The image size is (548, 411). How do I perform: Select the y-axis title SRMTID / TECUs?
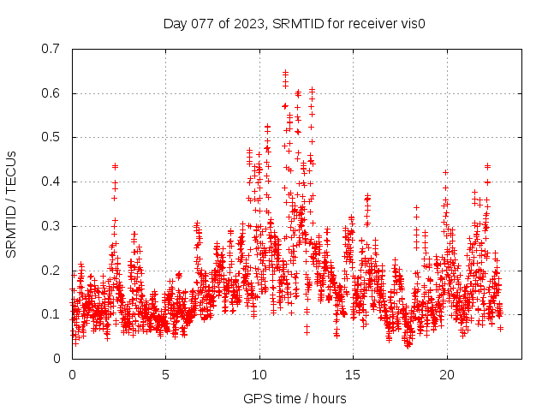11,204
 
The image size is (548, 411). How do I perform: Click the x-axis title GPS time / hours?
295,398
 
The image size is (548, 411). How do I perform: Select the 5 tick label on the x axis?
166,375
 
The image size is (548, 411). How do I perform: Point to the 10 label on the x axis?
259,375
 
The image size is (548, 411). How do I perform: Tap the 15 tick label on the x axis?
353,375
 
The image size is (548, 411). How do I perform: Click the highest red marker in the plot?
285,73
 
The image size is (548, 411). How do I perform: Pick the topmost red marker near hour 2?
115,166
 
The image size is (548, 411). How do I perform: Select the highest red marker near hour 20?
445,172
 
